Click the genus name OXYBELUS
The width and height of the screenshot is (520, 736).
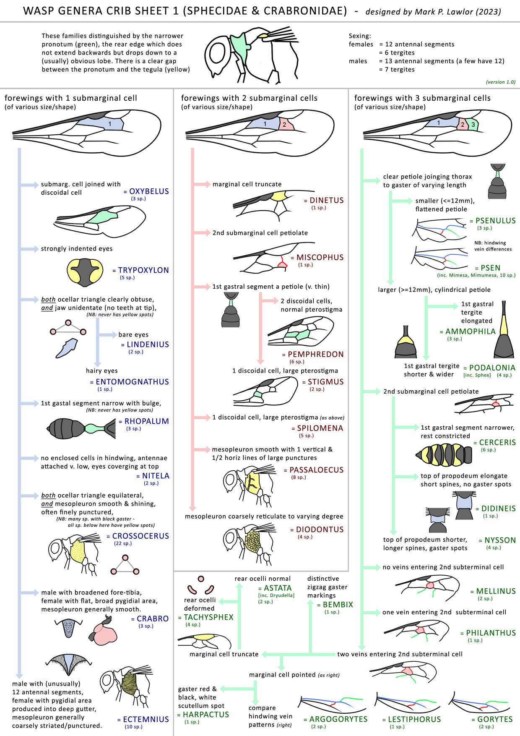pyautogui.click(x=149, y=191)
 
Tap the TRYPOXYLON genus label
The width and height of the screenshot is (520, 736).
pyautogui.click(x=143, y=270)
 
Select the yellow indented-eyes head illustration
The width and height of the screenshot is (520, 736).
pyautogui.click(x=85, y=272)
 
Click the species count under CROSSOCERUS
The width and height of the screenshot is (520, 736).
pyautogui.click(x=123, y=543)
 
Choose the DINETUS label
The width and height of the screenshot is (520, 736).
pyautogui.click(x=327, y=201)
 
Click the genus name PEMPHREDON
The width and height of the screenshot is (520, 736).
pyautogui.click(x=316, y=355)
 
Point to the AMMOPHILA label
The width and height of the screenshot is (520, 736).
pyautogui.click(x=471, y=331)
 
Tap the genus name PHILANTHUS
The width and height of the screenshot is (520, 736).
pyautogui.click(x=491, y=633)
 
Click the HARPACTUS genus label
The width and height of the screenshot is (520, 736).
pyautogui.click(x=206, y=715)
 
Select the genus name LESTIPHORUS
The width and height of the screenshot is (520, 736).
pyautogui.click(x=414, y=719)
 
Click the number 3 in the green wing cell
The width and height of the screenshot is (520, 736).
pyautogui.click(x=473, y=125)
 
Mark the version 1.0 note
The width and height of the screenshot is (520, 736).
pyautogui.click(x=501, y=82)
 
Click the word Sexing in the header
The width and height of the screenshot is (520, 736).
pyautogui.click(x=360, y=36)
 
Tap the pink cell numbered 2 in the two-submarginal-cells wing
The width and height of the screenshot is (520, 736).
pyautogui.click(x=285, y=124)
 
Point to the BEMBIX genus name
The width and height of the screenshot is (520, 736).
pyautogui.click(x=338, y=605)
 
